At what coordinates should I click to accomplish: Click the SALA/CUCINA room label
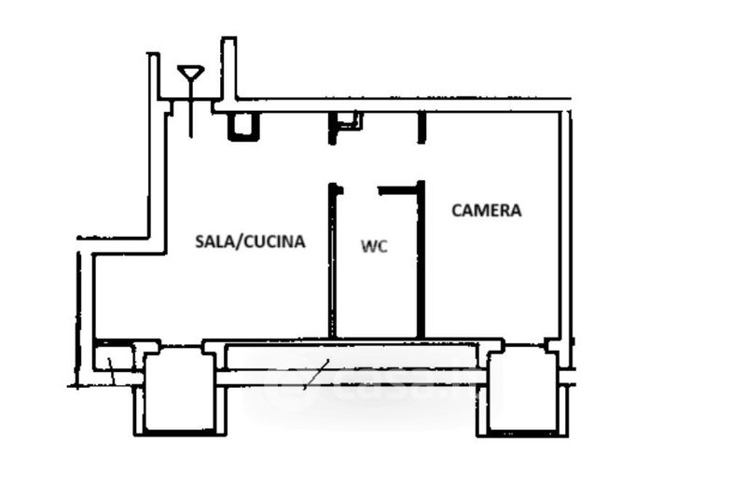tap(250, 242)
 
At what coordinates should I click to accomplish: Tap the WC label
tap(375, 246)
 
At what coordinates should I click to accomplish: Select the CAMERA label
tap(486, 210)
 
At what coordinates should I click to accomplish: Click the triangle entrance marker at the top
tap(191, 74)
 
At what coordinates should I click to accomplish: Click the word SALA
tap(214, 242)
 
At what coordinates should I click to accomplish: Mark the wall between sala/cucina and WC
tap(333, 260)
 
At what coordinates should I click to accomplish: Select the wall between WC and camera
tap(421, 259)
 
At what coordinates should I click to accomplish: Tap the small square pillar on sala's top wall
tap(243, 127)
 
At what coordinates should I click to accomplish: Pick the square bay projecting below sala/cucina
tap(179, 391)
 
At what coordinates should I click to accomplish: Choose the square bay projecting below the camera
tap(522, 391)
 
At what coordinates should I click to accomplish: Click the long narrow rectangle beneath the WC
tap(352, 357)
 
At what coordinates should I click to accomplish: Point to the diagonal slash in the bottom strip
tap(316, 375)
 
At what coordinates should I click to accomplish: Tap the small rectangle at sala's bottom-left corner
tap(114, 358)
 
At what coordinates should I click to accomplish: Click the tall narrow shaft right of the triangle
tap(228, 69)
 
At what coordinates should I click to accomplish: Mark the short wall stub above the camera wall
tap(421, 128)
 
